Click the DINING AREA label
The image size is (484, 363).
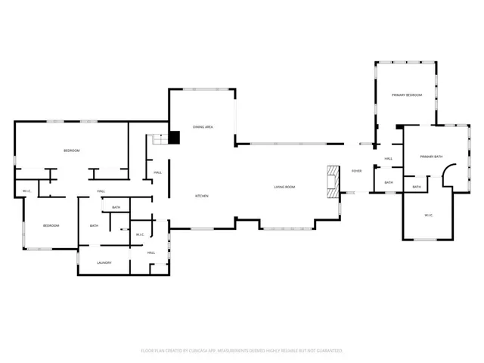[x=203, y=127]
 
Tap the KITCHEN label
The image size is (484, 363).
[x=202, y=196]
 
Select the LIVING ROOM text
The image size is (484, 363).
[x=284, y=187]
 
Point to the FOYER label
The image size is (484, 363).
[x=356, y=171]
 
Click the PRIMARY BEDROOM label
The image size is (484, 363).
[x=406, y=95]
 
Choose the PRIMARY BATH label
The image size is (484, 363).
[x=431, y=157]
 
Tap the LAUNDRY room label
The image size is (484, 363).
[x=104, y=262]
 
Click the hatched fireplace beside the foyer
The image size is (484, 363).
[x=332, y=182]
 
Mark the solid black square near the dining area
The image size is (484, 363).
[x=174, y=138]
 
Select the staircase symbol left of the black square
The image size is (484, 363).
[x=159, y=138]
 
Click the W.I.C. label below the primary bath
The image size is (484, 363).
[x=428, y=216]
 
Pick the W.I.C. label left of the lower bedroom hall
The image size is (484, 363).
[x=26, y=191]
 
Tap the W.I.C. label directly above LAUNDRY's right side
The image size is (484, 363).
[x=140, y=234]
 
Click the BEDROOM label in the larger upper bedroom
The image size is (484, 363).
[x=71, y=151]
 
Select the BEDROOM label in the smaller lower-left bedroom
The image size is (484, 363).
[x=51, y=225]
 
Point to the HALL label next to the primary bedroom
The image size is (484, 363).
[x=388, y=159]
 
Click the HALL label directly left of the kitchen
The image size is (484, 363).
[x=157, y=172]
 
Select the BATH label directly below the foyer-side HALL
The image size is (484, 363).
[x=388, y=182]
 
